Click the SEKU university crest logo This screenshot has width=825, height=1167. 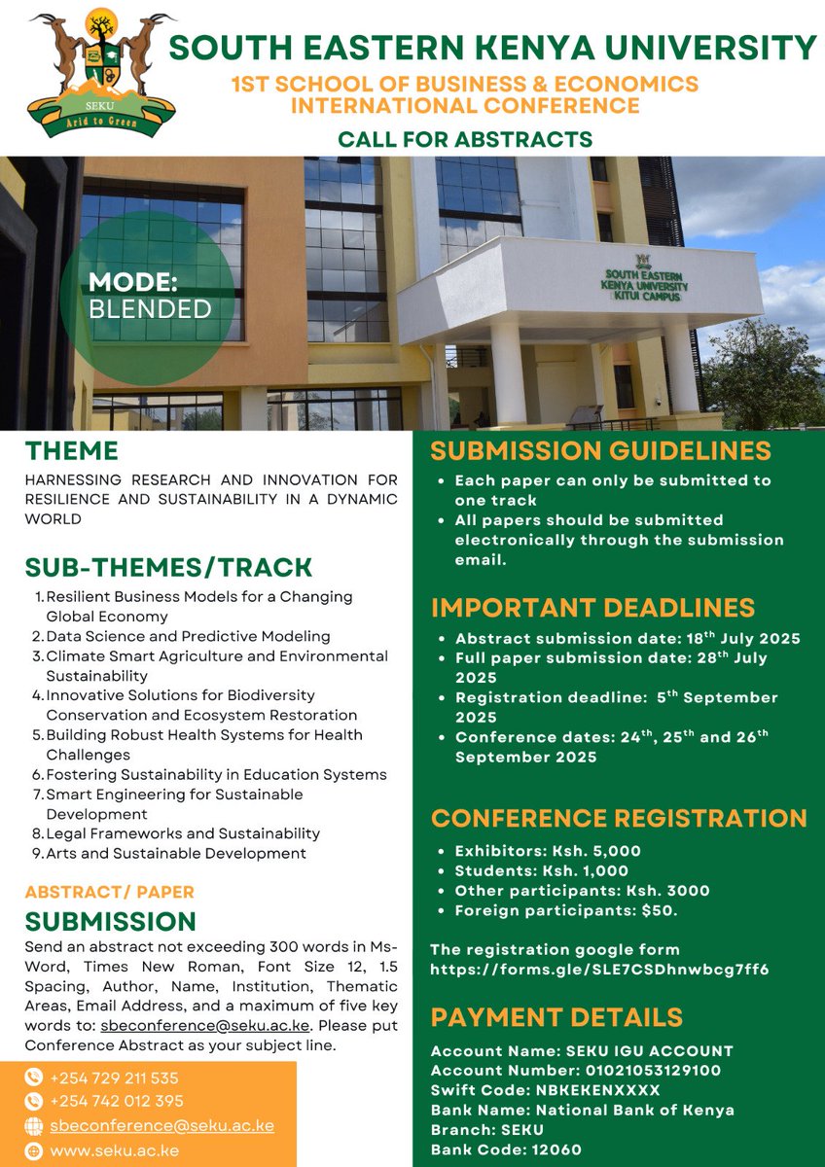(102, 73)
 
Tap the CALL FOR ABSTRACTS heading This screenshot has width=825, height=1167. (465, 139)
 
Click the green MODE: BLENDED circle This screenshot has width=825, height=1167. (149, 296)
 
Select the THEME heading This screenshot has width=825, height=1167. (72, 451)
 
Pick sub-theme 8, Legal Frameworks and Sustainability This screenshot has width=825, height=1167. (183, 833)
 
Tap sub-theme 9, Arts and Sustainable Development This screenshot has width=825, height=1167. (176, 854)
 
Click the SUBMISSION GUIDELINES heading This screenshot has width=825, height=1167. (601, 451)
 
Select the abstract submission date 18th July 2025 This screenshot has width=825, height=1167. (628, 639)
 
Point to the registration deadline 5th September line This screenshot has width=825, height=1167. (616, 698)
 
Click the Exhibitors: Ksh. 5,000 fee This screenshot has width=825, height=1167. (548, 851)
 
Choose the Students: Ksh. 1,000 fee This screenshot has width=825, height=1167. (542, 870)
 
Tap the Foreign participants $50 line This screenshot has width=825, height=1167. (566, 910)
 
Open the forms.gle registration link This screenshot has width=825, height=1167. (599, 969)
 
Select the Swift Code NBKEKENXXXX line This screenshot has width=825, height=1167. (545, 1090)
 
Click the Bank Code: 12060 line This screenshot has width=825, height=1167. (506, 1149)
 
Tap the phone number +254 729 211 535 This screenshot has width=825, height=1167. (114, 1079)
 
